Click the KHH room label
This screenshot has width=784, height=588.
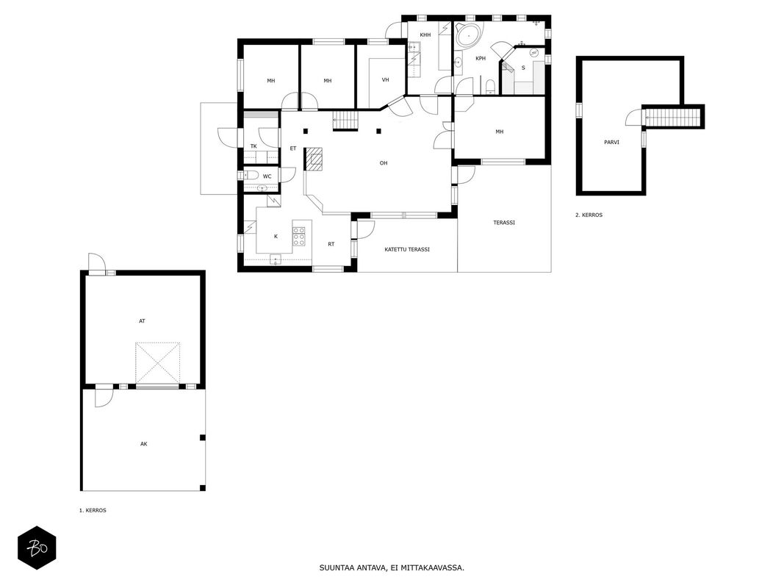(x=425, y=35)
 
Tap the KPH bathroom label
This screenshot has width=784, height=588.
(x=481, y=59)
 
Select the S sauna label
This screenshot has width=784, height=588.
(x=523, y=68)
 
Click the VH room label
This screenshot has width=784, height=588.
(x=386, y=80)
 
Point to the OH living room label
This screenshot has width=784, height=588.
(x=384, y=163)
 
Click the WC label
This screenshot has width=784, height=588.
(x=267, y=176)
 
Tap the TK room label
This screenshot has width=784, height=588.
(x=253, y=146)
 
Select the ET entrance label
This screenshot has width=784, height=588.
(x=293, y=148)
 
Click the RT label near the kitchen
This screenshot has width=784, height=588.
(x=331, y=245)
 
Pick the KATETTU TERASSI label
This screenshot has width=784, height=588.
(x=407, y=249)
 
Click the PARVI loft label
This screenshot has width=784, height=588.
(x=611, y=143)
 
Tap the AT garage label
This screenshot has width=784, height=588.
(x=142, y=321)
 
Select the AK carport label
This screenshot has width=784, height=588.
(x=144, y=444)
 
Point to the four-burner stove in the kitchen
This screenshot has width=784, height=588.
(x=299, y=237)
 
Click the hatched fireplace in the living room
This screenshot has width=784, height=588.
(x=314, y=159)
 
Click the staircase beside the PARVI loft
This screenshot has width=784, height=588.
(x=673, y=118)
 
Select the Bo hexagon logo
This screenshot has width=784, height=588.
(x=37, y=548)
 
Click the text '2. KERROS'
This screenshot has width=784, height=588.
(x=589, y=215)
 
